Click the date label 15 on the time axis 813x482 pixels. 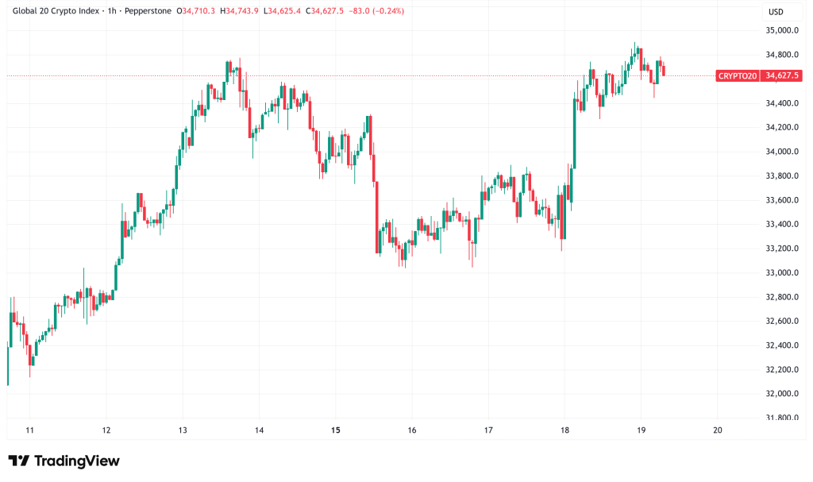tap(336, 430)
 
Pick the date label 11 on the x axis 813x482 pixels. tap(30, 430)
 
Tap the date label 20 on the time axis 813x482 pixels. tap(718, 430)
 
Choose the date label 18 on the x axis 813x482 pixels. tap(564, 430)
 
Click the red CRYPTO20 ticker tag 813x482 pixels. tap(737, 75)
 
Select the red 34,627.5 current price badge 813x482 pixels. tap(781, 75)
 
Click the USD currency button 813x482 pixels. tap(775, 11)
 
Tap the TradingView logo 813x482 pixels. tap(64, 461)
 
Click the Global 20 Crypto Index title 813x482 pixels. tap(56, 11)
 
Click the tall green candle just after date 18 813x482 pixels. tap(573, 131)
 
